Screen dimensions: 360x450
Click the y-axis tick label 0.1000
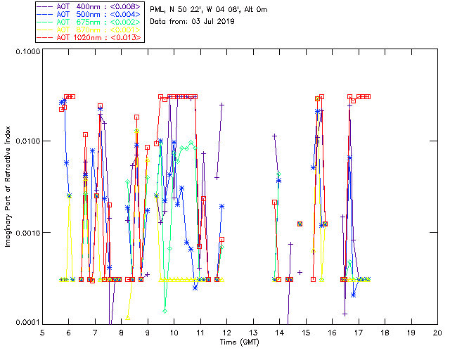point(26,52)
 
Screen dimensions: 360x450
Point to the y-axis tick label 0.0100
point(26,142)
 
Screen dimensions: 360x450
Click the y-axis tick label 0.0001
point(26,323)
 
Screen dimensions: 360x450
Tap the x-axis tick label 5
point(42,332)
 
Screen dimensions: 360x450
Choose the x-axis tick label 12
point(226,332)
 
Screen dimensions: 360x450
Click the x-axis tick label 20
point(437,332)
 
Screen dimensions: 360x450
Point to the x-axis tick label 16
point(332,332)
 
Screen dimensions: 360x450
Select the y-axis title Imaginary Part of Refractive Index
point(8,187)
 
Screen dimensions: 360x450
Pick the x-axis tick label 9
point(148,332)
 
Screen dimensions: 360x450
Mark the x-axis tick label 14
point(279,332)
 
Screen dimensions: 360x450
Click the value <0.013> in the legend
point(126,37)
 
